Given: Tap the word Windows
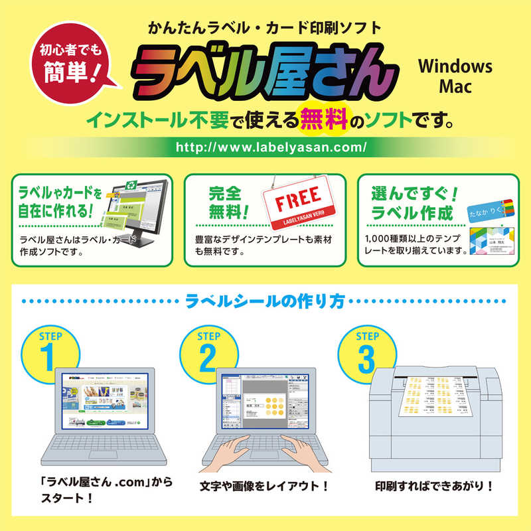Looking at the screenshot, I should point(455,66).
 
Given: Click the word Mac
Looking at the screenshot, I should point(455,86).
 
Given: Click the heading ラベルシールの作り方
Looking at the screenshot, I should point(265,303).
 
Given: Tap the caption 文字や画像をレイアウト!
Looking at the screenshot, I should point(264,486).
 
